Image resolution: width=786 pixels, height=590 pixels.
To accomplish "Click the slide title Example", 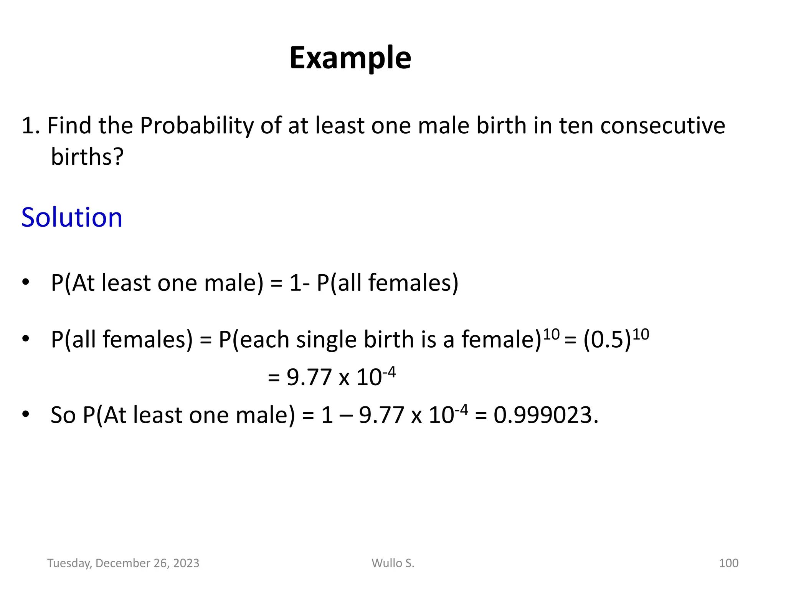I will (350, 58).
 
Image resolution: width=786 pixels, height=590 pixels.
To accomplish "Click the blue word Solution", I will (72, 217).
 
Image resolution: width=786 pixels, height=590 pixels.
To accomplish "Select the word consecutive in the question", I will (662, 126).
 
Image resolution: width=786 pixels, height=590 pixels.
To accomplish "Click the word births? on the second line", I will (88, 157).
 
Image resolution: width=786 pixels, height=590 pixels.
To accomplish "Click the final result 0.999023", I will (545, 415).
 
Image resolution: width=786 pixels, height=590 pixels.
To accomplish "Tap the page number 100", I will (728, 563).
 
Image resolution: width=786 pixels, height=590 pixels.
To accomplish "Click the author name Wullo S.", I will (393, 563).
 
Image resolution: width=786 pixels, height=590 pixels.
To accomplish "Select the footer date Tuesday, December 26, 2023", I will (123, 563).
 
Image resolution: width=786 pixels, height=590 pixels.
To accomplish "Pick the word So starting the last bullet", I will (63, 415).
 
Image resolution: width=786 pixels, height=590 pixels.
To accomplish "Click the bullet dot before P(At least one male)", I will (26, 282).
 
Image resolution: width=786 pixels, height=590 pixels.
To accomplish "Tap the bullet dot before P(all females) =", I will (26, 339).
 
